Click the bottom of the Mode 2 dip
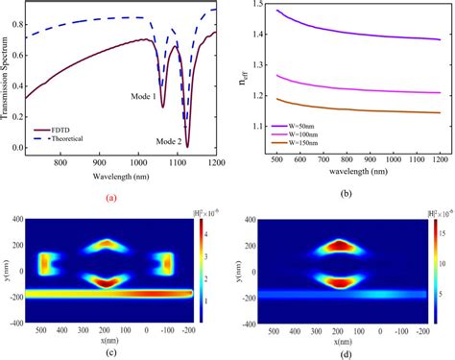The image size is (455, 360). [x=188, y=146]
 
